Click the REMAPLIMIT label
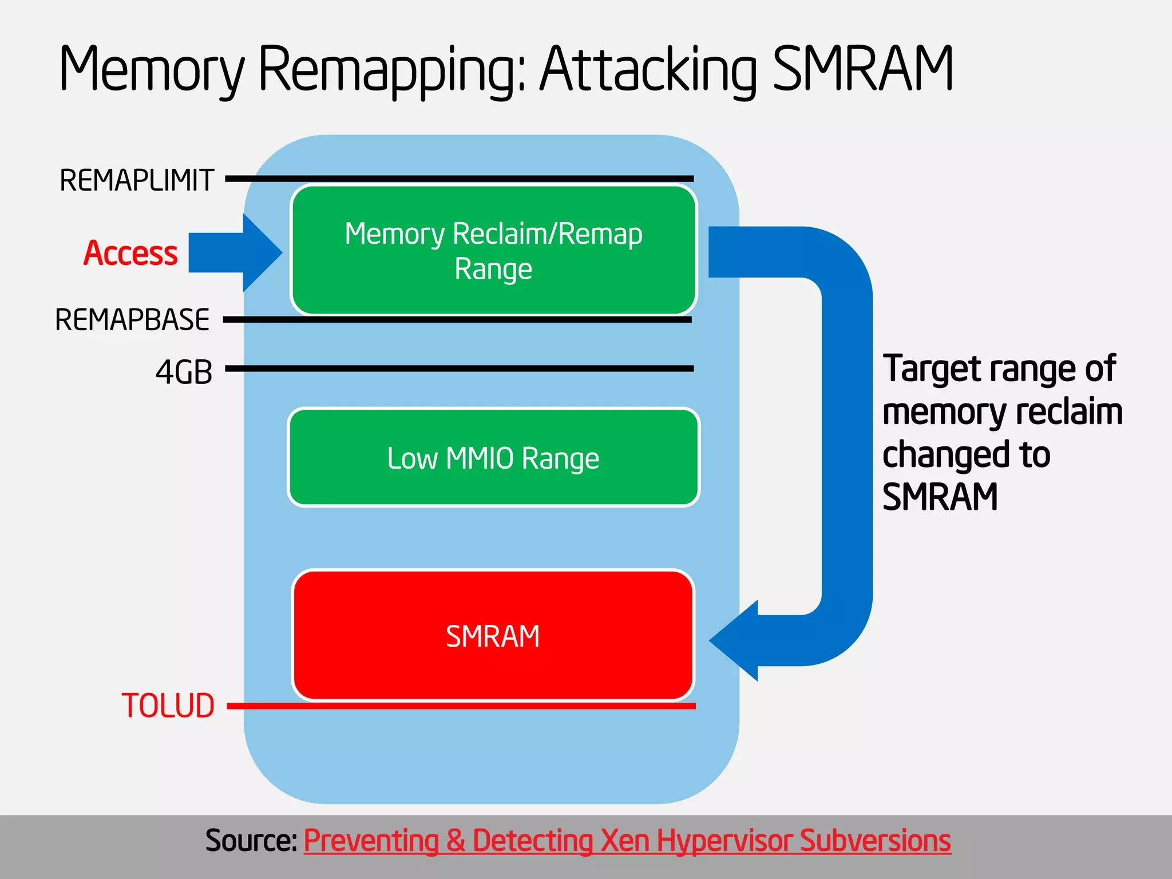point(137,180)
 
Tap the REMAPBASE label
point(132,319)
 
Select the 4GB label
point(184,372)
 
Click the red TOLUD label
point(168,705)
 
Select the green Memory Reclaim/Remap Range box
point(493,250)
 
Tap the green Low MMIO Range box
point(493,457)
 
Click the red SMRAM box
point(493,635)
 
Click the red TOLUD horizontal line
point(458,706)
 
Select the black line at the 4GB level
point(458,369)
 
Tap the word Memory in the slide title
point(152,70)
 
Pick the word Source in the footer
point(250,840)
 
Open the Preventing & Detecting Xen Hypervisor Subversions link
point(627,840)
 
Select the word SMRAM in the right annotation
point(940,496)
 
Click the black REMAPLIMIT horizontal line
point(458,179)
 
